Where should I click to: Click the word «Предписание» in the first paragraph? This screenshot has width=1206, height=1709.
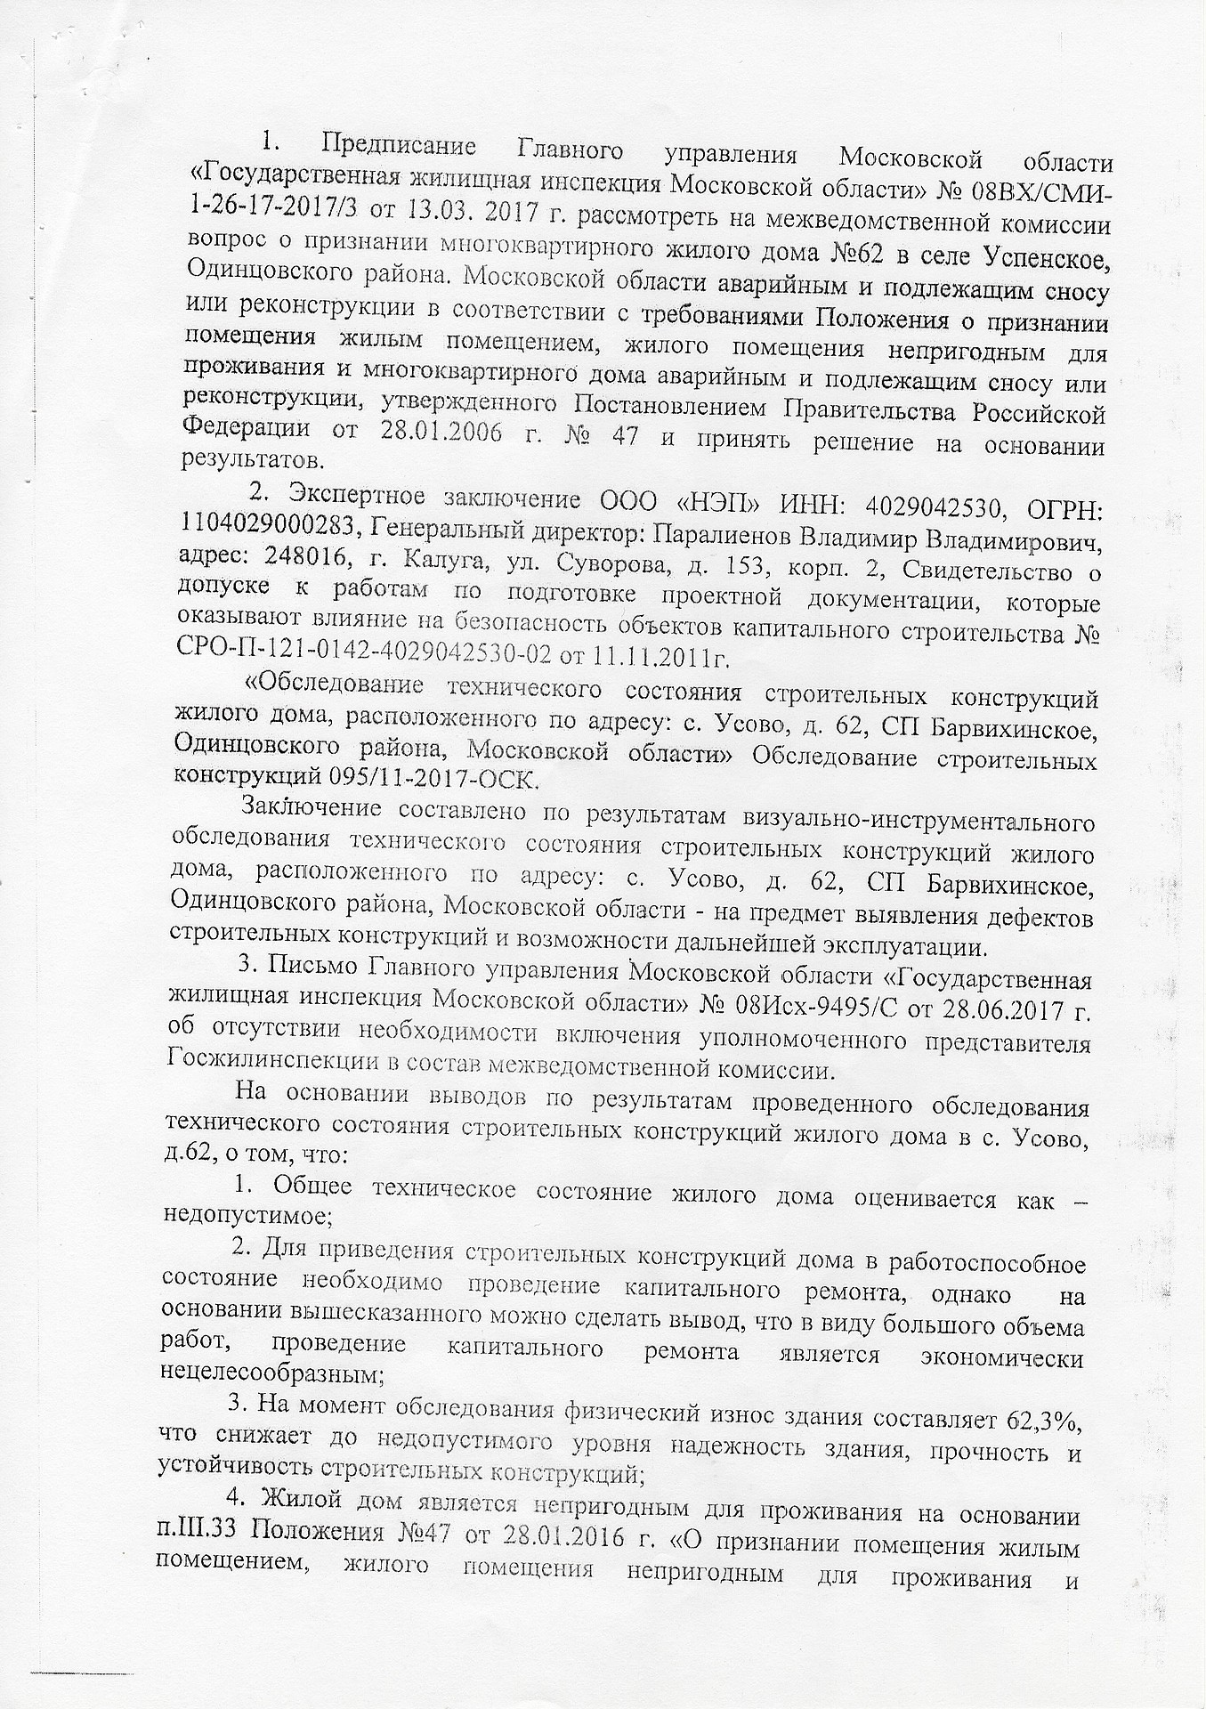400,146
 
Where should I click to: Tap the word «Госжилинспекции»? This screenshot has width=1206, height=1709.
267,1064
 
